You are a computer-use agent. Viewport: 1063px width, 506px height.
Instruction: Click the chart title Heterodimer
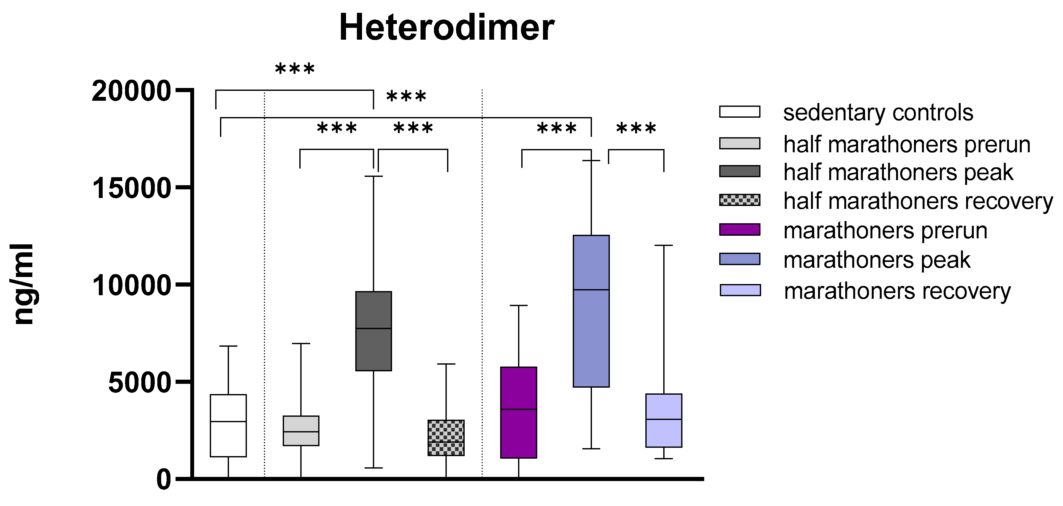(446, 28)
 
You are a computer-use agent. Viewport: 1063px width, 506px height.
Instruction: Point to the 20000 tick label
(131, 91)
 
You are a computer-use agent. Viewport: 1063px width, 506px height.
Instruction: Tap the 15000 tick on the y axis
(131, 189)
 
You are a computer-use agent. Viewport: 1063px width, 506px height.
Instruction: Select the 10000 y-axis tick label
(131, 286)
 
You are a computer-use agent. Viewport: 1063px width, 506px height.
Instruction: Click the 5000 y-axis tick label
(139, 383)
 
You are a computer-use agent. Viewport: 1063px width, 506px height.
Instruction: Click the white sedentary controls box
(228, 425)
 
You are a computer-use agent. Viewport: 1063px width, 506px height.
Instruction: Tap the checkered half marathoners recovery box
(446, 438)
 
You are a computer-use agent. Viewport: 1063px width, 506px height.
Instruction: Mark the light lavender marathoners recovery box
(664, 420)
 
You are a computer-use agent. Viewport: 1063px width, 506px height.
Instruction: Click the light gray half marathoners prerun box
(301, 431)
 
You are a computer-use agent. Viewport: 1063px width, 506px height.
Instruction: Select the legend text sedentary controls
(878, 113)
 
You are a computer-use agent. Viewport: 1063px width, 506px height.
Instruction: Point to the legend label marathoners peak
(877, 260)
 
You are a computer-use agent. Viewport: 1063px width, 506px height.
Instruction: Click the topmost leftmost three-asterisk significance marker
(295, 69)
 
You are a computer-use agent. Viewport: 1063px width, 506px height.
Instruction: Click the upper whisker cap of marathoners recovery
(664, 245)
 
